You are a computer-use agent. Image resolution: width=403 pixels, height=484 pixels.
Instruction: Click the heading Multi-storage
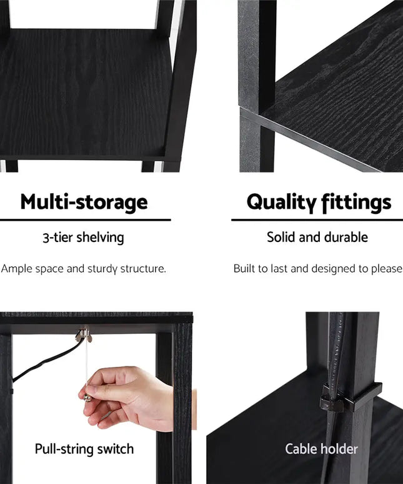84,202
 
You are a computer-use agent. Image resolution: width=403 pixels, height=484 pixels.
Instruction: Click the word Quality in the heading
282,203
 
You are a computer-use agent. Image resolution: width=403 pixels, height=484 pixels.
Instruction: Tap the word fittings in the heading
356,203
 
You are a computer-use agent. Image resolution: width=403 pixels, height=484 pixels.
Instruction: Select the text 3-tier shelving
84,238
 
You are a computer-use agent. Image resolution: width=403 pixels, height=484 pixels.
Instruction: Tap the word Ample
17,269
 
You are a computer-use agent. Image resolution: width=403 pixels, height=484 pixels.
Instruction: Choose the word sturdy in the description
102,269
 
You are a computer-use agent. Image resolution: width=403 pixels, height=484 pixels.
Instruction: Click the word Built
245,268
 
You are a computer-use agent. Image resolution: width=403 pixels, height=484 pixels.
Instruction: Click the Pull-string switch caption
84,449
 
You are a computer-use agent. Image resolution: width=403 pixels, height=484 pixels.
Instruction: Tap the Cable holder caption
321,449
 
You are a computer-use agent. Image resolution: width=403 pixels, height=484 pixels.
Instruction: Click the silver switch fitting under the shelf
84,336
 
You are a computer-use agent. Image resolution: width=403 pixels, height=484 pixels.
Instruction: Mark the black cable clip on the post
351,398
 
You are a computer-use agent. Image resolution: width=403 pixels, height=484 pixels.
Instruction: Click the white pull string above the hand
87,363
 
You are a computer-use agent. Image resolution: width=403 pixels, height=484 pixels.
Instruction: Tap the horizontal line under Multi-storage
86,220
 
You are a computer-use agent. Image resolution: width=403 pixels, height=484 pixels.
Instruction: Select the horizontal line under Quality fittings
317,220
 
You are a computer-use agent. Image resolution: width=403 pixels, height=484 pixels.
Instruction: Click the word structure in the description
142,269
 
